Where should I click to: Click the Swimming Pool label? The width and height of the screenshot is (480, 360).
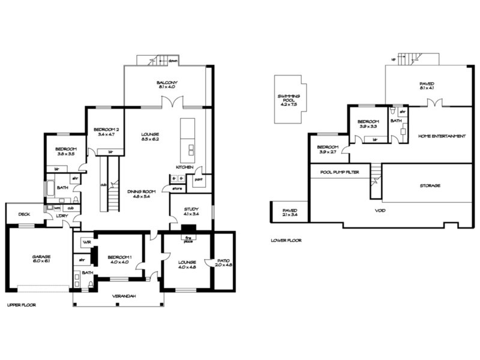tap(289, 100)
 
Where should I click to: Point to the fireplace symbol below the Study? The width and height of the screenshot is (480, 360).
tap(188, 229)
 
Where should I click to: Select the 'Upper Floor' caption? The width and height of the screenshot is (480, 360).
tap(21, 305)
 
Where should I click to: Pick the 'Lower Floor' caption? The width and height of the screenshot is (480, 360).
tap(286, 240)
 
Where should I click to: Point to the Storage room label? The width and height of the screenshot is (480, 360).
tap(430, 186)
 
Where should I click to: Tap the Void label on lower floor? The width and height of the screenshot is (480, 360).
tap(379, 211)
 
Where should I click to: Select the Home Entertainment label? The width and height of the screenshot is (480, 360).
tap(442, 136)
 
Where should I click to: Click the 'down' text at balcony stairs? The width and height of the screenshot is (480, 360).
tap(173, 61)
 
